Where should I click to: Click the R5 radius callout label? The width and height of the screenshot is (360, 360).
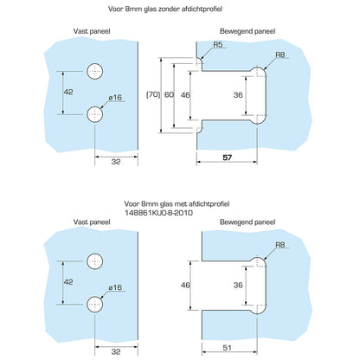click(218, 45)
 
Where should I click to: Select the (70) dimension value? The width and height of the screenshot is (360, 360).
click(153, 94)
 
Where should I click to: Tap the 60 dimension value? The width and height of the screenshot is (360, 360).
click(169, 94)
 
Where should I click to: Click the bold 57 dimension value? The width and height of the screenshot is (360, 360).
click(227, 157)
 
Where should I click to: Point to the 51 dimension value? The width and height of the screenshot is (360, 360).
click(227, 348)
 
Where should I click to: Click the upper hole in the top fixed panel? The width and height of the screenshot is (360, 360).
click(95, 71)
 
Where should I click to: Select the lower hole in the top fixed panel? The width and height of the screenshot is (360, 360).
click(95, 114)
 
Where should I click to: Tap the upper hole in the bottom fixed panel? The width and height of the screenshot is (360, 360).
click(95, 261)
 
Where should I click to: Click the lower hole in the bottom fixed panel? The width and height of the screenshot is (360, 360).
click(95, 304)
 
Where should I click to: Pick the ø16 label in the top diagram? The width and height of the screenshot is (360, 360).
click(115, 98)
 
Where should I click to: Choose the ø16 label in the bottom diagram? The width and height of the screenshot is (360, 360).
click(115, 287)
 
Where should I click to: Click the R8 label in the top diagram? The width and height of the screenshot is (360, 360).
click(280, 55)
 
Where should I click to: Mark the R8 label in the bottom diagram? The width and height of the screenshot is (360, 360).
click(280, 245)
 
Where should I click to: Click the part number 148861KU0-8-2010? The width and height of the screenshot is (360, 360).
click(159, 213)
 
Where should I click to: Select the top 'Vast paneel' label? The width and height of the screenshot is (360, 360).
click(92, 31)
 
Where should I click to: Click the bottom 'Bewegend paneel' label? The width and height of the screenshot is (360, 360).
click(247, 222)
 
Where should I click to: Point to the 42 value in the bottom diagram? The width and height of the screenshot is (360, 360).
click(68, 282)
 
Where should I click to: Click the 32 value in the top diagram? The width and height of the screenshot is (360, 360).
click(116, 162)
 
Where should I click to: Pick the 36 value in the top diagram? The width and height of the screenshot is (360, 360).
click(238, 95)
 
